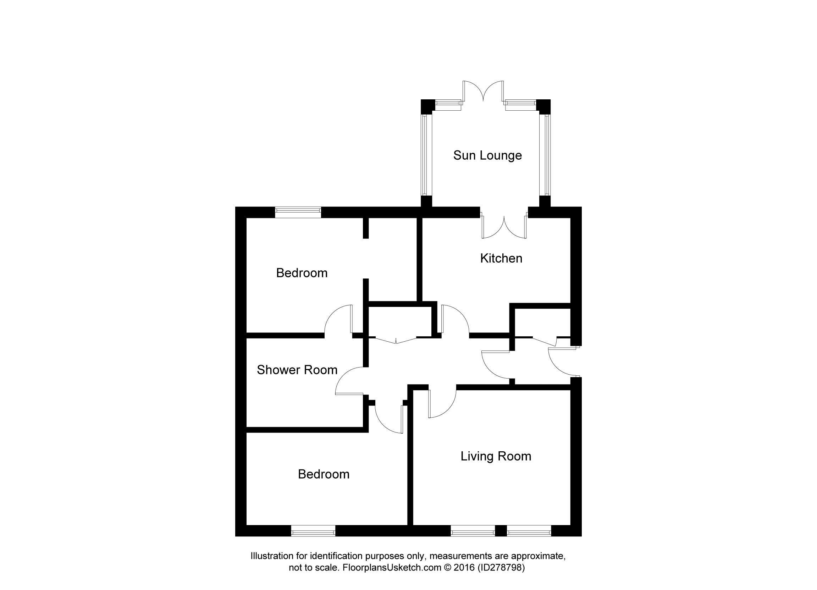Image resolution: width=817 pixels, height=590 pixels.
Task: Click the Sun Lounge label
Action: [487, 156]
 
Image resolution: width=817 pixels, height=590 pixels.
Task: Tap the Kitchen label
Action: [501, 258]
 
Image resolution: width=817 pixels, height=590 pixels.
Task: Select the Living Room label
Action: [496, 456]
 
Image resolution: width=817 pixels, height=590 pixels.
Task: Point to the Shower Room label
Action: [297, 370]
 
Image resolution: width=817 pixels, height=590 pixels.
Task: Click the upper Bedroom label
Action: [302, 273]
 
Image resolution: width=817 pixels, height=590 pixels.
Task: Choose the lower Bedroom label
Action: [324, 474]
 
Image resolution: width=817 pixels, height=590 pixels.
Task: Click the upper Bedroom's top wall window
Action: [298, 213]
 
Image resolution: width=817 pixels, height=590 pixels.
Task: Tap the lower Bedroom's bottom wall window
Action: [313, 530]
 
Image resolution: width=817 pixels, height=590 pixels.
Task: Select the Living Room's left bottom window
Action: [473, 530]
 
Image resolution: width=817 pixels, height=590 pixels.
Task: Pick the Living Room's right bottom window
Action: [529, 530]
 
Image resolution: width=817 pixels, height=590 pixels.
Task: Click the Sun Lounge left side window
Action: [426, 155]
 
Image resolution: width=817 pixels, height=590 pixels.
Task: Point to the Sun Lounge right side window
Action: [545, 155]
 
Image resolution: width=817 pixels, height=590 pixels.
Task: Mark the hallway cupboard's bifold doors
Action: [396, 340]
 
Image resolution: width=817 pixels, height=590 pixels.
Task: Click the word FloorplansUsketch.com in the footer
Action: [392, 568]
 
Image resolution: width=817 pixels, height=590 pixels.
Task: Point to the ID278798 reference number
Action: [501, 568]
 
